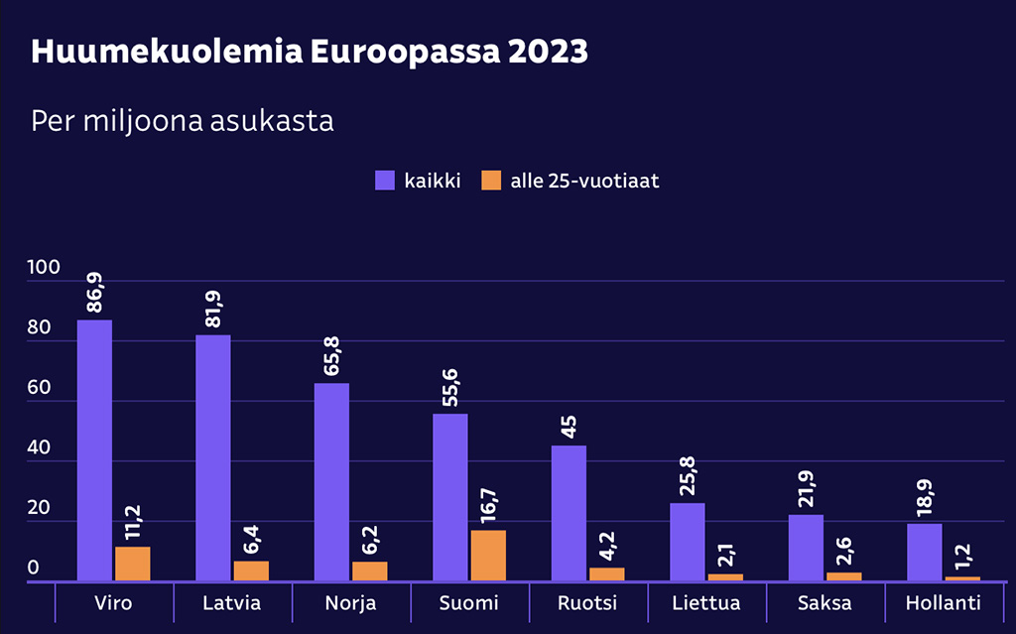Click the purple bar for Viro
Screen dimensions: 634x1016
(x=94, y=450)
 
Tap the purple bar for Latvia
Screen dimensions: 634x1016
(x=212, y=457)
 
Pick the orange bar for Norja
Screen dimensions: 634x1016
(x=369, y=571)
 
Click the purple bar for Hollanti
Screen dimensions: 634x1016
(x=924, y=552)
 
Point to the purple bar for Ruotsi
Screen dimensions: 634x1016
(x=569, y=513)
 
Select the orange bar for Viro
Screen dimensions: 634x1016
(x=132, y=564)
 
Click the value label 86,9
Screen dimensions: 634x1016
(x=95, y=295)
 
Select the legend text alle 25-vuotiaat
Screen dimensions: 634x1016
(x=584, y=181)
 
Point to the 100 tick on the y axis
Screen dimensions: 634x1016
(x=45, y=268)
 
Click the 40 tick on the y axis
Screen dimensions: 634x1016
(x=40, y=448)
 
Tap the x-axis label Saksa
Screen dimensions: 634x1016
(x=825, y=603)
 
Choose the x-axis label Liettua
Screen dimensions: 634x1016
(x=705, y=603)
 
